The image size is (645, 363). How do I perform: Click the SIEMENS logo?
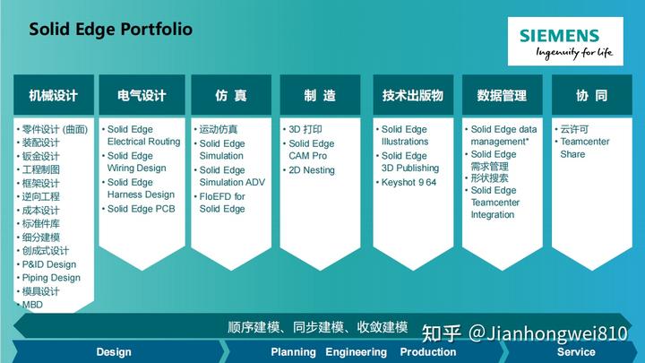565,41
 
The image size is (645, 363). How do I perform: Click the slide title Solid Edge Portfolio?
111,30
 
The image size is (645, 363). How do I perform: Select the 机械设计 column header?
54,95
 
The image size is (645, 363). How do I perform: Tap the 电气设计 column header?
142,95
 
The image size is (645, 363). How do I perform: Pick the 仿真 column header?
231,95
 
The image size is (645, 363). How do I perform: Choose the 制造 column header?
320,95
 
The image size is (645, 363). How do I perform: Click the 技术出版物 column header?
413,95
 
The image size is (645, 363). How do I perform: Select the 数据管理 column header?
503,95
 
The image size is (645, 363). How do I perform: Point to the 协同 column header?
592,95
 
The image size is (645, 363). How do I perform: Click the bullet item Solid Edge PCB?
142,209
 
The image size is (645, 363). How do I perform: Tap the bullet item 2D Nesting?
312,170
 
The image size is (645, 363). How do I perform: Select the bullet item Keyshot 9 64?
408,182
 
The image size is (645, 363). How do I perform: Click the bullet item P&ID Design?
49,264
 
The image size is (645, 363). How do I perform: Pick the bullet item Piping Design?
51,278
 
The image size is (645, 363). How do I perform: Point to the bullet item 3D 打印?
305,129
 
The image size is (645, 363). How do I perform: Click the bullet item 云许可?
574,129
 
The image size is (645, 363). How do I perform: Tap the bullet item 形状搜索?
489,177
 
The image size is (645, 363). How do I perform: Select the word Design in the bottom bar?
114,352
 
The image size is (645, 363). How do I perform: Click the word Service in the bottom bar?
576,352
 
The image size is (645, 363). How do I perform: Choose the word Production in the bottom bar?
428,352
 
